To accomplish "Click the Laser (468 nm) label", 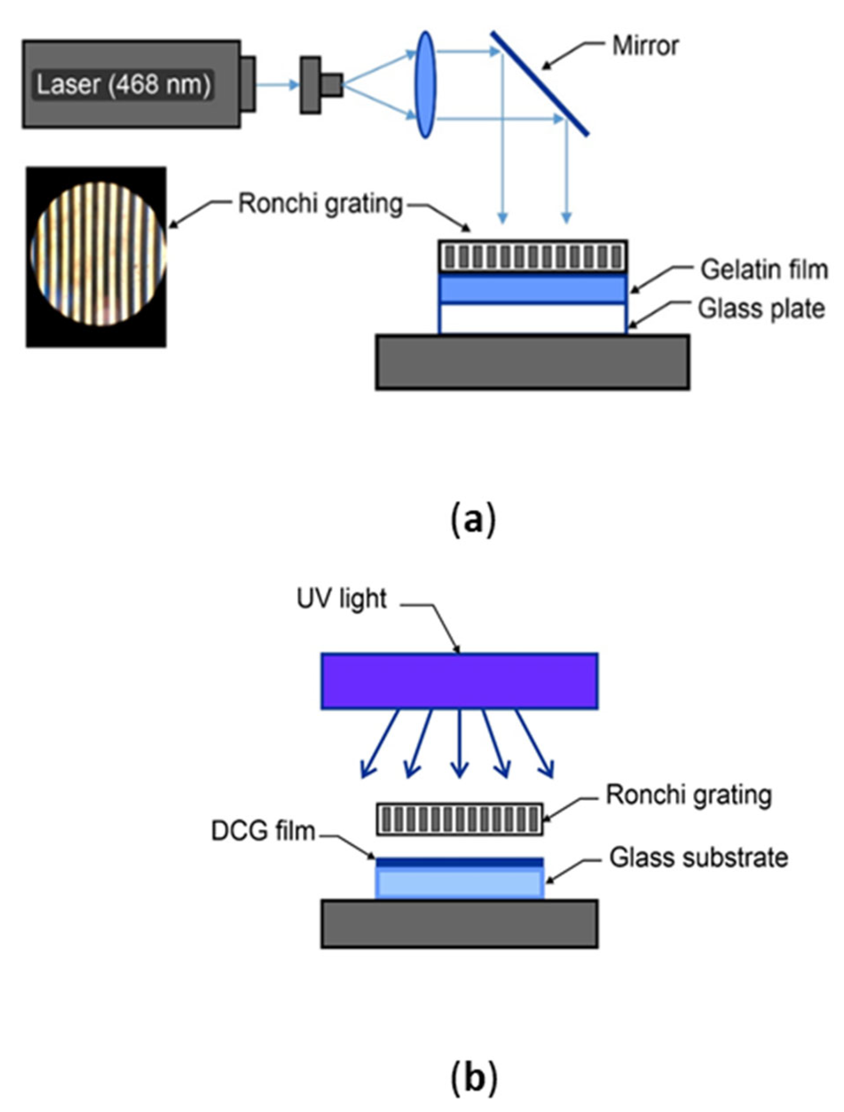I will (x=124, y=84).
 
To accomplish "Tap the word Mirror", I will (x=645, y=46).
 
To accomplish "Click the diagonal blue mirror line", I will (x=539, y=83).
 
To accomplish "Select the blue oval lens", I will (x=425, y=84).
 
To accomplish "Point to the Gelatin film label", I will (x=764, y=270).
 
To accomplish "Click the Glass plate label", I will (x=761, y=309).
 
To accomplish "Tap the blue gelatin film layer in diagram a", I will (x=533, y=288).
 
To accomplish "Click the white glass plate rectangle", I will (x=533, y=318).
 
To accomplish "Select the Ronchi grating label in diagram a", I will (x=321, y=204).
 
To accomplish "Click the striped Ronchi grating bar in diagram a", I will (x=533, y=256).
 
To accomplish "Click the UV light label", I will (x=341, y=599).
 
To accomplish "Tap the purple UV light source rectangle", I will (x=459, y=681).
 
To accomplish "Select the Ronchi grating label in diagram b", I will (x=688, y=795).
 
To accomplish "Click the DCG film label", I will (x=263, y=831).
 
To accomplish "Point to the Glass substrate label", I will (x=698, y=857).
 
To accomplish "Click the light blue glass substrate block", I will (x=459, y=884).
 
